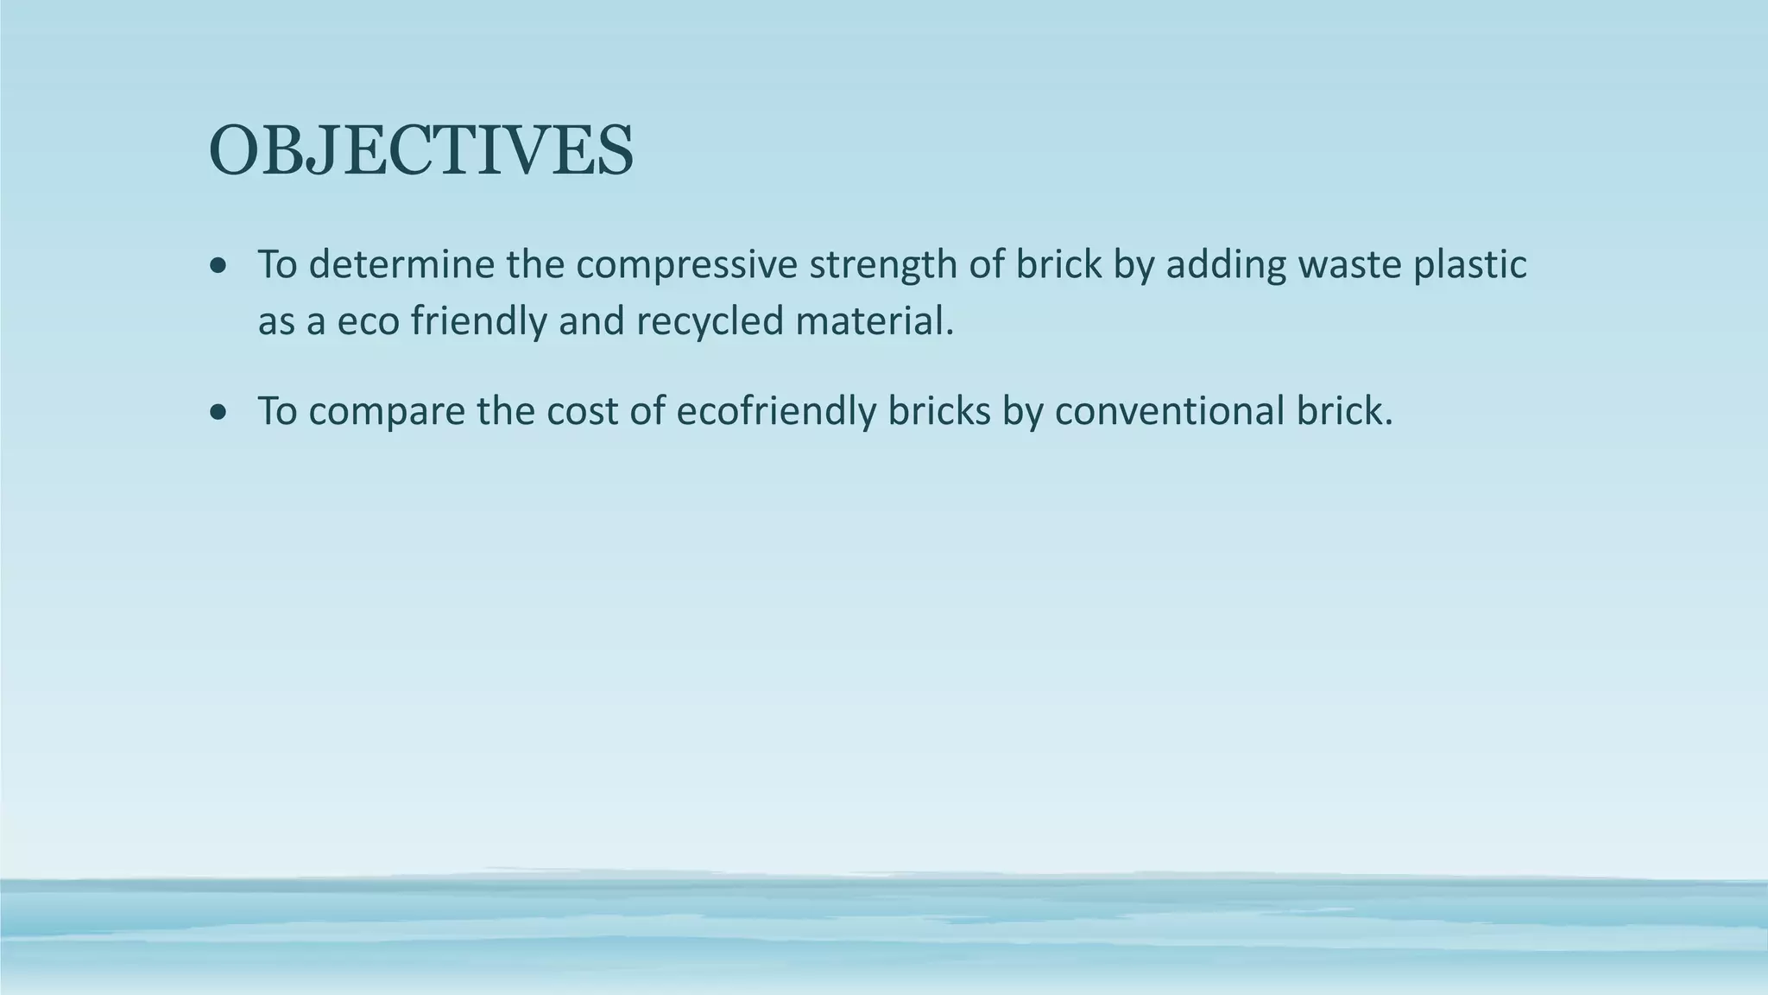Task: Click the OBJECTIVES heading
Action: (x=421, y=152)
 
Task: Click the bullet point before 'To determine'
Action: (x=219, y=265)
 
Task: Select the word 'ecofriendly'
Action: (x=775, y=412)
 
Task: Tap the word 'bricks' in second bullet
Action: (x=939, y=412)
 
